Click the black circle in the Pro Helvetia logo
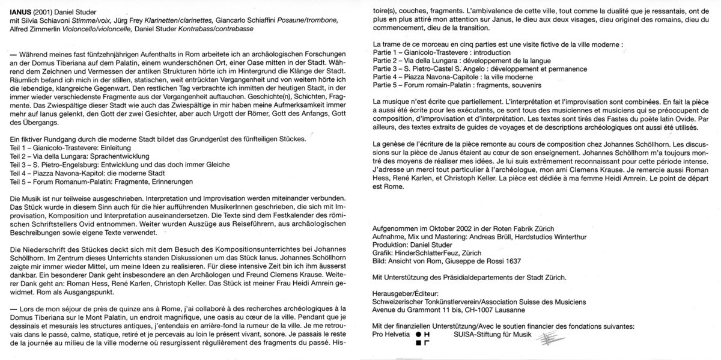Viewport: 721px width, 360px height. point(417,334)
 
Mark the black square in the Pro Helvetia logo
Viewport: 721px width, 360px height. point(418,343)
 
